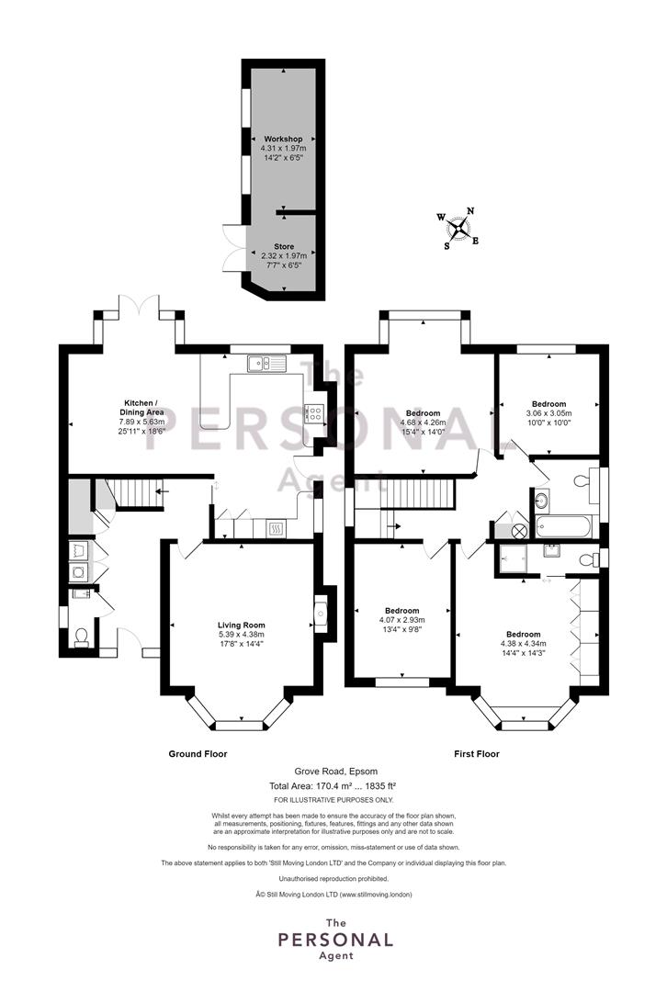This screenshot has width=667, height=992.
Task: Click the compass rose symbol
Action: pyautogui.click(x=458, y=229)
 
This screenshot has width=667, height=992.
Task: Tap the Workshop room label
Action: pyautogui.click(x=283, y=139)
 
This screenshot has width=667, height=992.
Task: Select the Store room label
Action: pyautogui.click(x=284, y=247)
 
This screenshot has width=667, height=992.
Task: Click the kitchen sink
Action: pyautogui.click(x=267, y=363)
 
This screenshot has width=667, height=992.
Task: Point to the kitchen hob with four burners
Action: pyautogui.click(x=314, y=413)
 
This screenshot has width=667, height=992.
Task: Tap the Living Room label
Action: pyautogui.click(x=241, y=626)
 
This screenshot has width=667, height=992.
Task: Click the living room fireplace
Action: pyautogui.click(x=321, y=614)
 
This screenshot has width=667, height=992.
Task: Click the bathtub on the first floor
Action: pyautogui.click(x=564, y=526)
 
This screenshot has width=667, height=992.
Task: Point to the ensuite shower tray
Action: pyautogui.click(x=509, y=558)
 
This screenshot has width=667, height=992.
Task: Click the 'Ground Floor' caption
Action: pyautogui.click(x=198, y=753)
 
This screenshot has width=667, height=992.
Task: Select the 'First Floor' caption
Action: pyautogui.click(x=477, y=753)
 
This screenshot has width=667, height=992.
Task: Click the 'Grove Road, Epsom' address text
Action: pyautogui.click(x=335, y=772)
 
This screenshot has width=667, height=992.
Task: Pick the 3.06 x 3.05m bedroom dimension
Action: pyautogui.click(x=548, y=413)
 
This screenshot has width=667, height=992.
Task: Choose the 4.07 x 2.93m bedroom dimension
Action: pyautogui.click(x=401, y=620)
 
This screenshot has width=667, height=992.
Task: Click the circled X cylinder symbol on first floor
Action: pyautogui.click(x=520, y=531)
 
